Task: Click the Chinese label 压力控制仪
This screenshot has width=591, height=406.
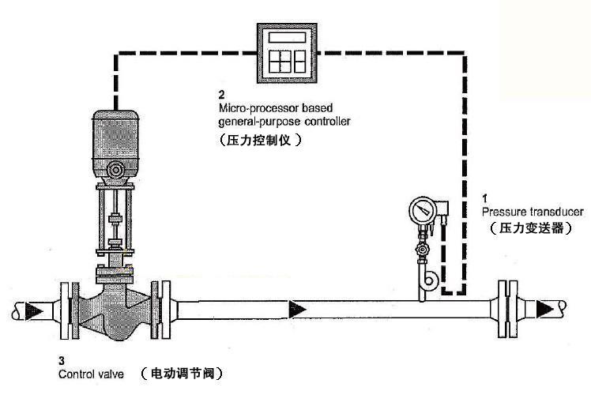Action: (261, 140)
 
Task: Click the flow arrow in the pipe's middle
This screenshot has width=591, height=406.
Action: (298, 307)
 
